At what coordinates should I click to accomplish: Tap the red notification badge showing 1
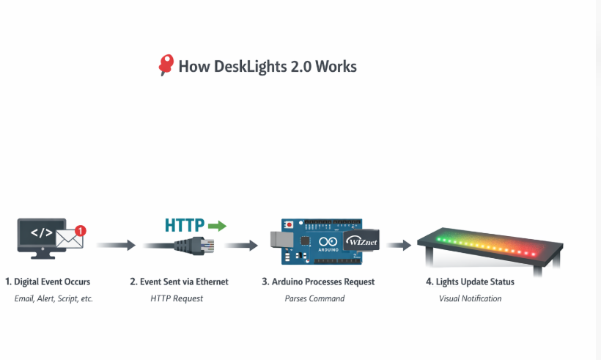pyautogui.click(x=81, y=230)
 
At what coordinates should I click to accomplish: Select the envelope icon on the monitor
pyautogui.click(x=70, y=239)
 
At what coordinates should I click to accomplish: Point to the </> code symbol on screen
pyautogui.click(x=40, y=233)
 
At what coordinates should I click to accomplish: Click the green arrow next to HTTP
pyautogui.click(x=217, y=225)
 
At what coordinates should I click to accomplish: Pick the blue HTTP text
pyautogui.click(x=183, y=225)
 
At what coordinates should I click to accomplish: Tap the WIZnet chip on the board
pyautogui.click(x=360, y=239)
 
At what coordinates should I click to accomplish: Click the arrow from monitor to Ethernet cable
pyautogui.click(x=116, y=245)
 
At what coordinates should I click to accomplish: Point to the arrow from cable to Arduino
pyautogui.click(x=241, y=245)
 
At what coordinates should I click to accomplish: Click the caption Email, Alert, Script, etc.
pyautogui.click(x=54, y=298)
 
